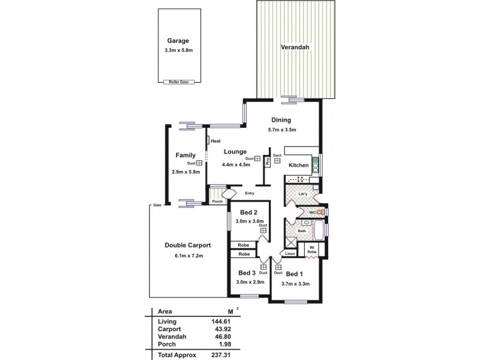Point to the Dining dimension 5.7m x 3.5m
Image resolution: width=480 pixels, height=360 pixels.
[x=282, y=130]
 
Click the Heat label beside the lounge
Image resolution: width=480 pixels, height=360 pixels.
[x=215, y=141]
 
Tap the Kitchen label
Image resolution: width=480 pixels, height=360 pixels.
[x=299, y=165]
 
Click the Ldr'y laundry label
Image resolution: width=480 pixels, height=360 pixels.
[x=303, y=194]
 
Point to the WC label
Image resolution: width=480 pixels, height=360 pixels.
[x=312, y=212]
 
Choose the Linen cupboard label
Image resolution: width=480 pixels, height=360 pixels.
[x=290, y=254]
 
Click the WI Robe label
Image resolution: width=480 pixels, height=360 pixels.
[x=312, y=250]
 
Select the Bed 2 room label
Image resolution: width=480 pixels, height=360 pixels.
[x=249, y=212]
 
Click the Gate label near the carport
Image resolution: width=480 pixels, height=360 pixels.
[x=157, y=205]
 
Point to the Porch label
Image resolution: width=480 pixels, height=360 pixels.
[x=217, y=202]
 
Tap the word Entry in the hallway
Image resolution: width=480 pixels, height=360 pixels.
[x=250, y=193]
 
